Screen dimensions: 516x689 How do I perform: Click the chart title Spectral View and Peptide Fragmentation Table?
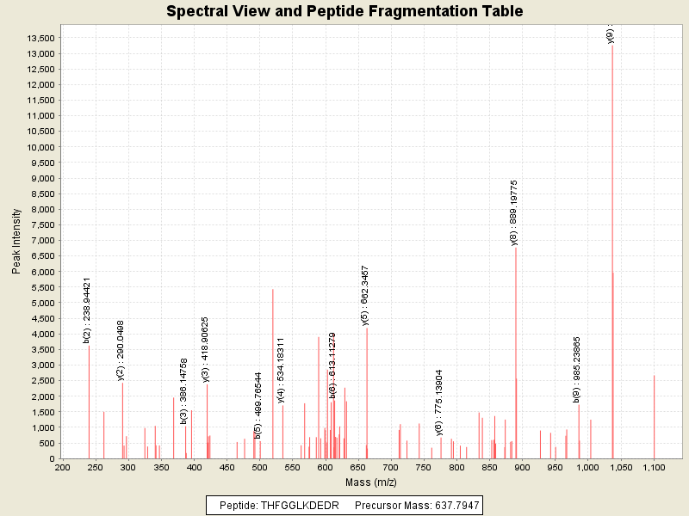tap(344, 11)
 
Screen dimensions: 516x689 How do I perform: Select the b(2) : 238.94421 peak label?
tap(87, 310)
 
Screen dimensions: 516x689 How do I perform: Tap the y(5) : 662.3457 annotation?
tap(365, 296)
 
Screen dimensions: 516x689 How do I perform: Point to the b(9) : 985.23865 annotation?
tap(576, 370)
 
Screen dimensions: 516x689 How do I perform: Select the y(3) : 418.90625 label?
tap(205, 349)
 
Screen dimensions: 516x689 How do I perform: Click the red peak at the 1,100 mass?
tap(654, 417)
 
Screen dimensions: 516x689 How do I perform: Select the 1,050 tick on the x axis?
tap(621, 468)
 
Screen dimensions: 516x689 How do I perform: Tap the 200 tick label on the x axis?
tap(62, 468)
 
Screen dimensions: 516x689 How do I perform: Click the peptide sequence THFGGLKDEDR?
tap(298, 504)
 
